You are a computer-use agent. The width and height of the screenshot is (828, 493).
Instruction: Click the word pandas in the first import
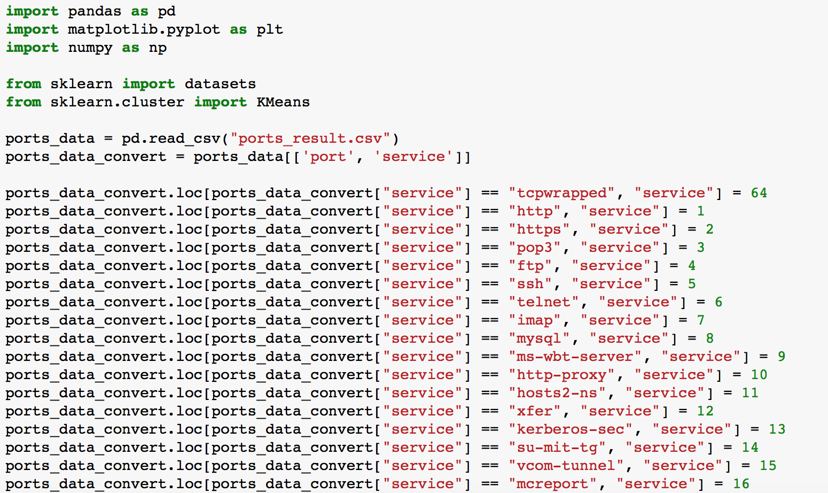[95, 11]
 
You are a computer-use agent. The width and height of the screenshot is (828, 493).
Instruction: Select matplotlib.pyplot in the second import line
[144, 29]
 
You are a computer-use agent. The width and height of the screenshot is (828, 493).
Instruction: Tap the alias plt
[270, 29]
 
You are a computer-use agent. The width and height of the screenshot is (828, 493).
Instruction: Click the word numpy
[90, 48]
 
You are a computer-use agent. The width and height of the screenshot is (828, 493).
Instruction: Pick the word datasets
[220, 83]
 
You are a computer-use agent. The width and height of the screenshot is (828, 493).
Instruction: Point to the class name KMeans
[283, 102]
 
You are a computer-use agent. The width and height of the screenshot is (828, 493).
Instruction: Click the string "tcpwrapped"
[561, 193]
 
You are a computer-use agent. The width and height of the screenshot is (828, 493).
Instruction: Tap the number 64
[759, 193]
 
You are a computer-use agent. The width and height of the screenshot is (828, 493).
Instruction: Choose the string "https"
[539, 229]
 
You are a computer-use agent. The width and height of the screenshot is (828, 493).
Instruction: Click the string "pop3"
[535, 248]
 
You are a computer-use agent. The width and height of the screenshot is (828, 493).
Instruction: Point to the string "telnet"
[543, 302]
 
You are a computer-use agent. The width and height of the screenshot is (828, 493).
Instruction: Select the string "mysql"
[539, 338]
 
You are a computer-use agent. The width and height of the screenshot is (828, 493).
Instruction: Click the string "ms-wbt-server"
[575, 357]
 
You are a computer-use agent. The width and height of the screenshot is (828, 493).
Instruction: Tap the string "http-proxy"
[561, 375]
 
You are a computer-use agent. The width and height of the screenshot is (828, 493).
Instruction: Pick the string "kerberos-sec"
[571, 429]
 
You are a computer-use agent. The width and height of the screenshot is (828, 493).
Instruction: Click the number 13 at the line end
[777, 429]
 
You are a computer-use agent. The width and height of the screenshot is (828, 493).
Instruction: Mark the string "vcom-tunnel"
[566, 466]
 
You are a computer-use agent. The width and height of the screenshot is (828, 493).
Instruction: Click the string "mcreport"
[552, 484]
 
